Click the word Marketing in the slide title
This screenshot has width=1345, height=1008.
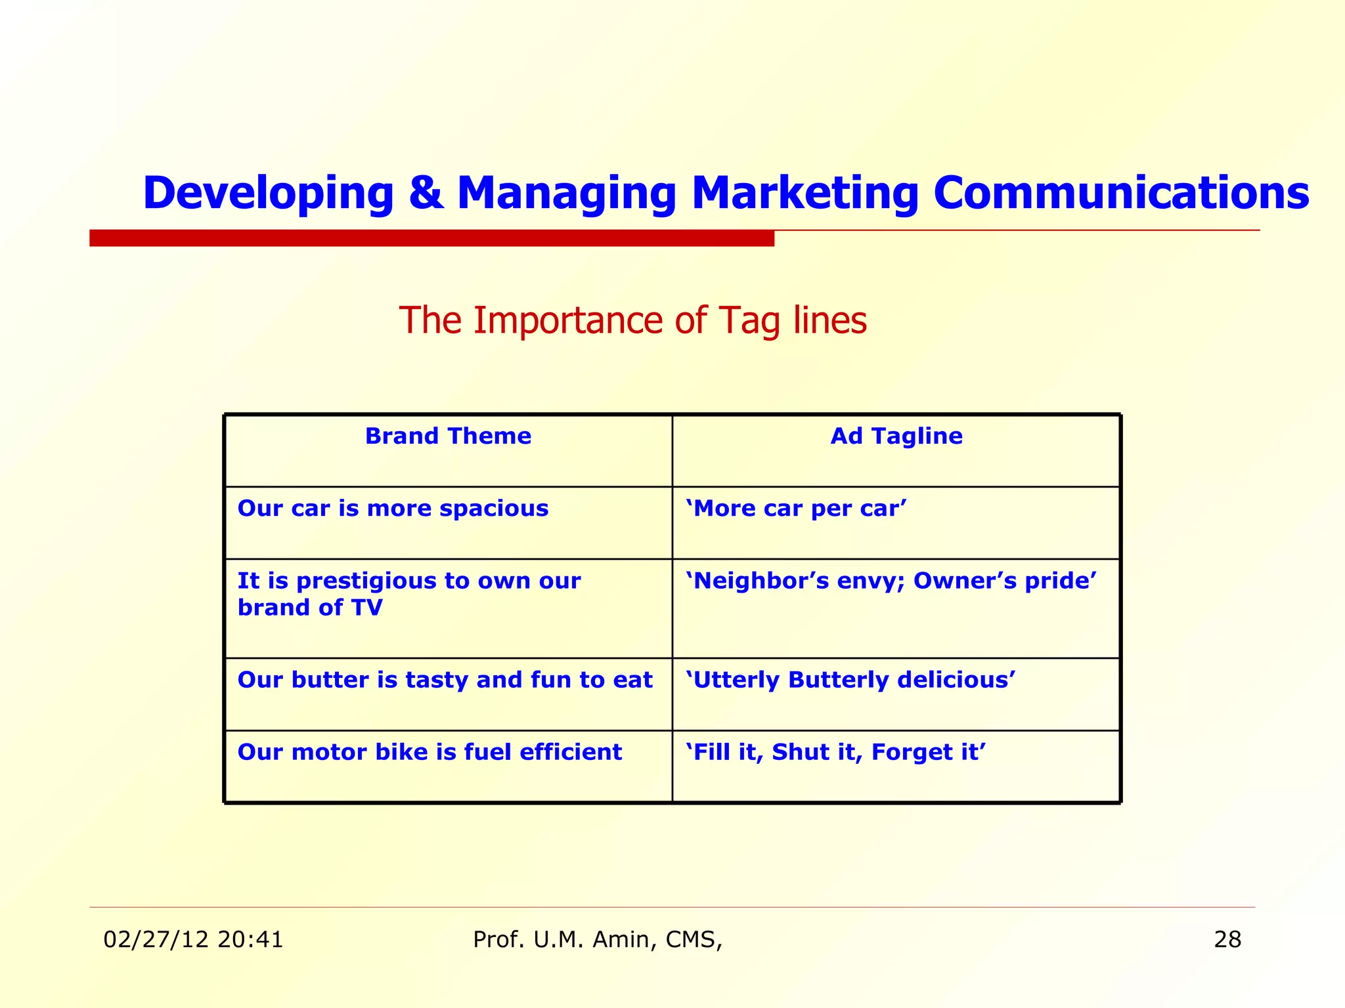point(805,194)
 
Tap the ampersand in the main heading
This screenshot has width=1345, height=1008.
point(426,194)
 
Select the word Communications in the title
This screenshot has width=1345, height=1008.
point(1121,194)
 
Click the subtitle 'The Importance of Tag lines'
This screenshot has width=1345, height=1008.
point(632,321)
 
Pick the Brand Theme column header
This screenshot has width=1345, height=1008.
point(448,436)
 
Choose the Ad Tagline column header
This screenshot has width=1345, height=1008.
point(896,436)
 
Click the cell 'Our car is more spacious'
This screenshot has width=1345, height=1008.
point(393,509)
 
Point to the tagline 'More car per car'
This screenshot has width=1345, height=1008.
point(796,509)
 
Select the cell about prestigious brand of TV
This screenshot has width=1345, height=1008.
point(408,594)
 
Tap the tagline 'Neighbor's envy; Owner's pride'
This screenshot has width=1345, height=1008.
point(891,581)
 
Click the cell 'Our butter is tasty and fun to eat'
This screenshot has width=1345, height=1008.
point(445,680)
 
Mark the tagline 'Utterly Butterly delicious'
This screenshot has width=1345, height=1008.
point(850,680)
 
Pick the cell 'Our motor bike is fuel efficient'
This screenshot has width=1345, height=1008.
point(430,752)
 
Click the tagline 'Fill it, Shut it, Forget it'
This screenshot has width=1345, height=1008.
point(835,752)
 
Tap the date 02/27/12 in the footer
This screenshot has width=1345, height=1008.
point(156,940)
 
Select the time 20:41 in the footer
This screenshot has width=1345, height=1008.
point(250,940)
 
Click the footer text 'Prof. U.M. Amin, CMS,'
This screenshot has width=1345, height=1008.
point(598,940)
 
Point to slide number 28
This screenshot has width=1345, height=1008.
point(1227,940)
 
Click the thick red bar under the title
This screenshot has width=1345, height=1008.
point(431,238)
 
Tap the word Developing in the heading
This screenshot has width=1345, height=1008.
point(268,194)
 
